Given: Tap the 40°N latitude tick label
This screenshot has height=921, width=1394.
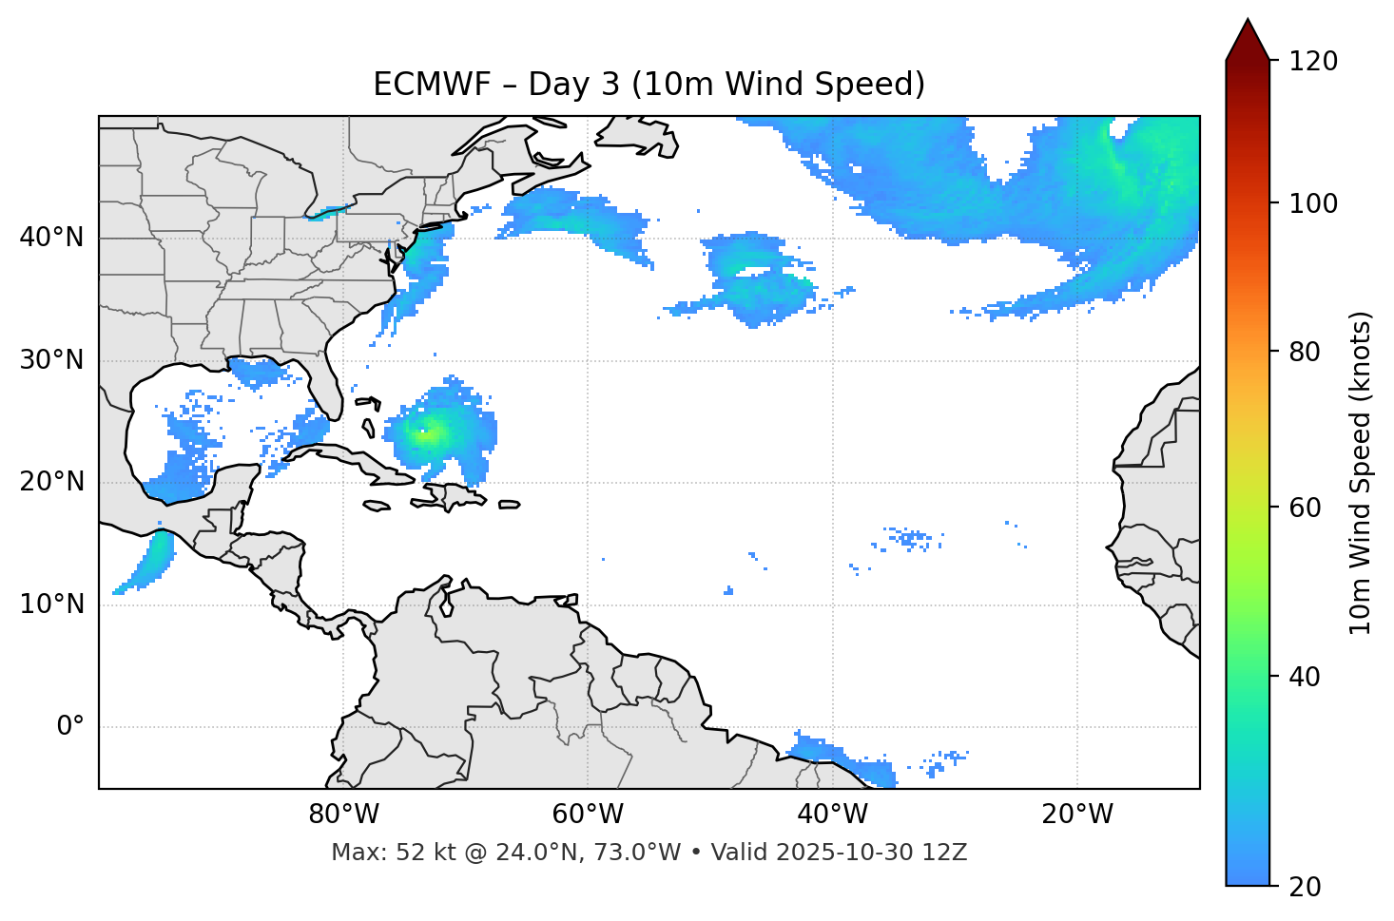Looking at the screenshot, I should point(51,238).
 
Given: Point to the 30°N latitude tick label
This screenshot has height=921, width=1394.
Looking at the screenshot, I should point(51,360).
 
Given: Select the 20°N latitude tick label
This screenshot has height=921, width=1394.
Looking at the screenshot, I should point(51,482).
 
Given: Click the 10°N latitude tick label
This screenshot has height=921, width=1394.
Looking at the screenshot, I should point(51,604).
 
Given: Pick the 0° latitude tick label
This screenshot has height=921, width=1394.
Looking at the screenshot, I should point(69,727).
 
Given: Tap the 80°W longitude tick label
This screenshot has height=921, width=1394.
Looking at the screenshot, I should point(343,815).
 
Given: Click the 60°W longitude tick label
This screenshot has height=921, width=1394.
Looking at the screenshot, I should point(588,815).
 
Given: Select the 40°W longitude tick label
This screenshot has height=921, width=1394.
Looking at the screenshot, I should point(832,815).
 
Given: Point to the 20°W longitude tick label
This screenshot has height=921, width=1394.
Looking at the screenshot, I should point(1077,815).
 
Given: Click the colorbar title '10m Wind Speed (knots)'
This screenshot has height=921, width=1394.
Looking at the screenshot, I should point(1361,472).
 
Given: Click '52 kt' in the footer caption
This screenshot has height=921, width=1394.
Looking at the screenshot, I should point(422,853).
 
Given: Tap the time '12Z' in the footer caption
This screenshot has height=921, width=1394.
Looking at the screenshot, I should point(947,853).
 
